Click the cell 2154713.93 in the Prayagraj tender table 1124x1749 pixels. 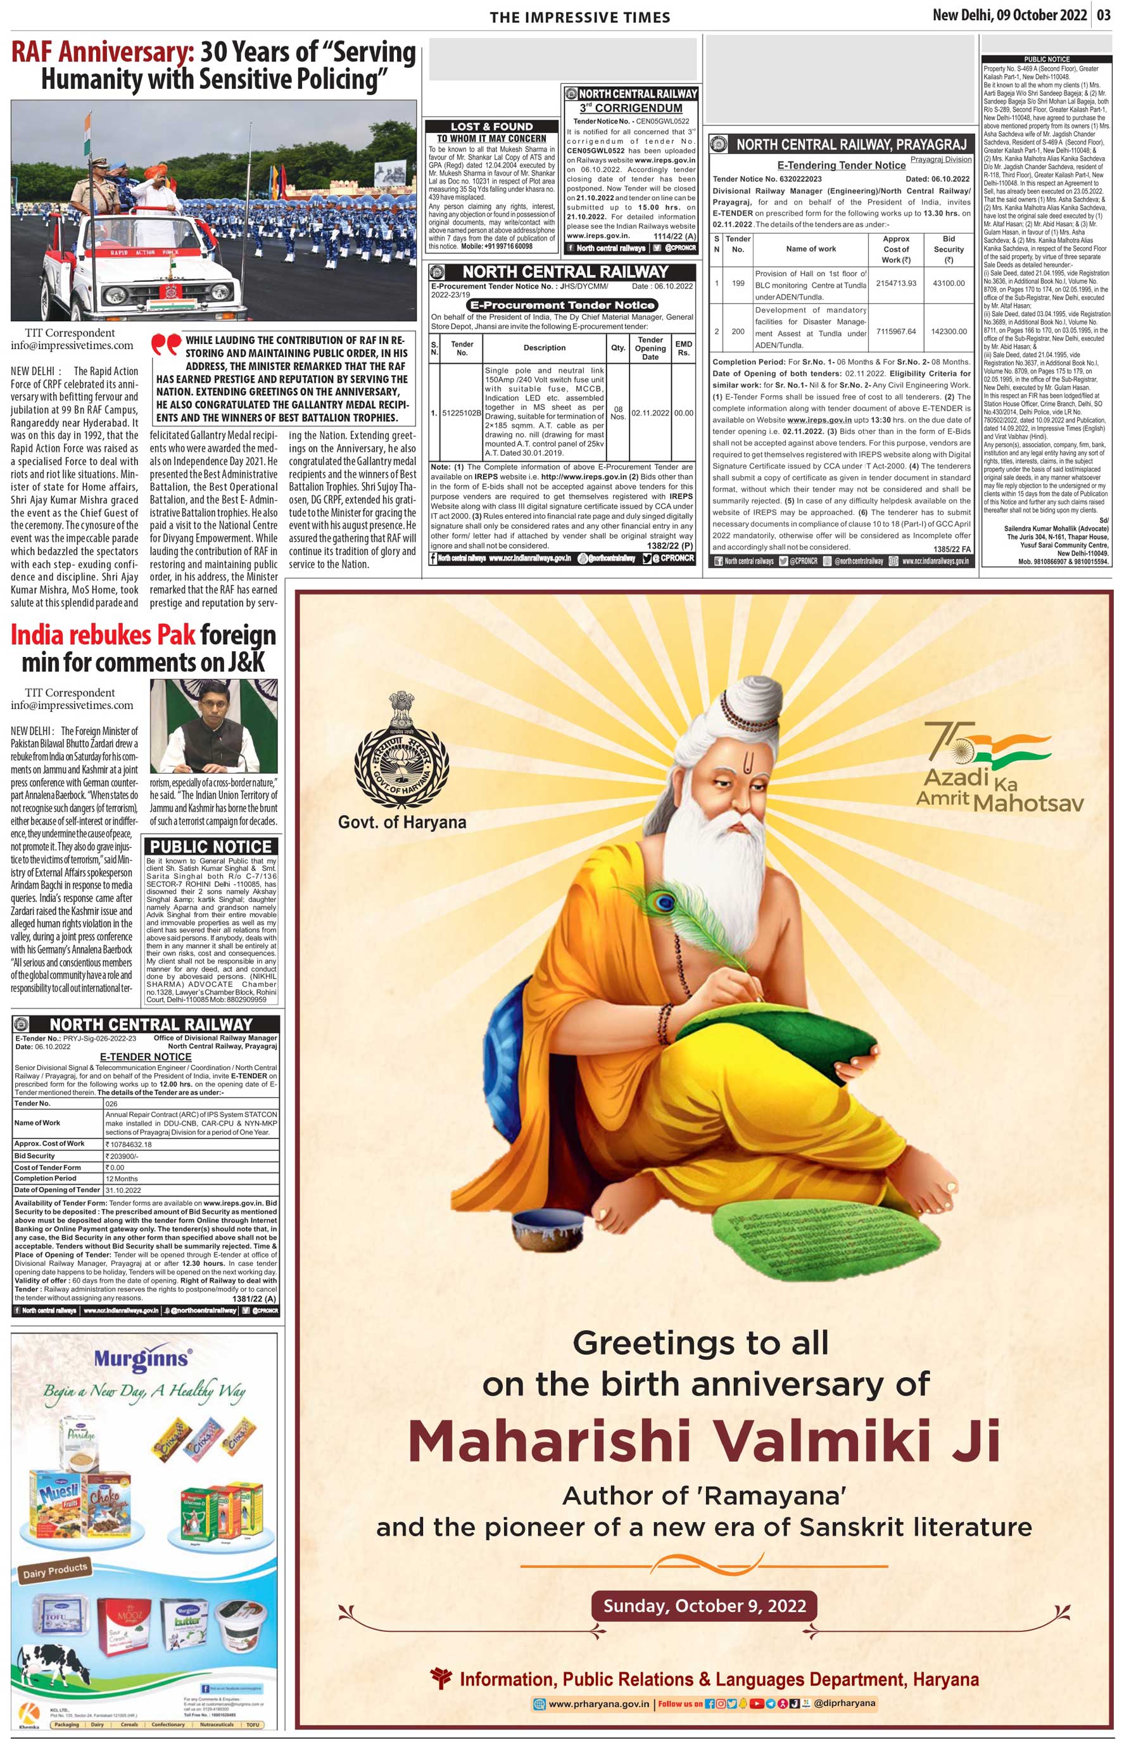895,283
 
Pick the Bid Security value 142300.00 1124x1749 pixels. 948,331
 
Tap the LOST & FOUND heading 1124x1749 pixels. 491,126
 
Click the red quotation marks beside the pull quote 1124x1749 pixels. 166,345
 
